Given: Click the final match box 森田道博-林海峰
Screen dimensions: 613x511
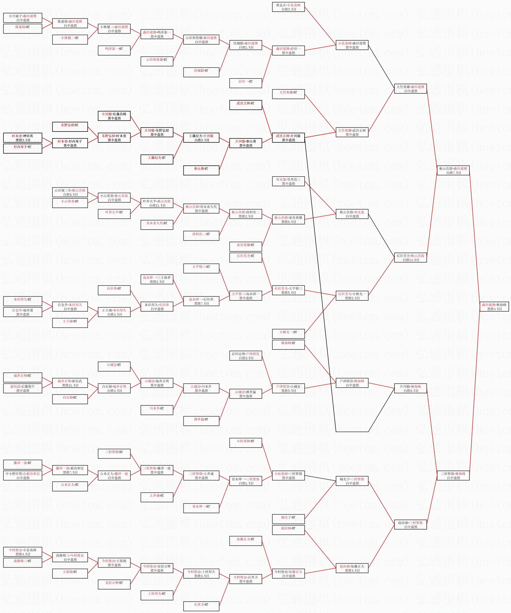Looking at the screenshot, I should (x=494, y=306).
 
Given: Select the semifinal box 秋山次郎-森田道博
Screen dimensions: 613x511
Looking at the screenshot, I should (x=453, y=170).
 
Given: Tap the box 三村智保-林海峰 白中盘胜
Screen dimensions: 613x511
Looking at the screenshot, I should (x=453, y=476).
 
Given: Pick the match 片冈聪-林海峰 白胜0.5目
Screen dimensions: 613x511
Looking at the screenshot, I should (x=410, y=389).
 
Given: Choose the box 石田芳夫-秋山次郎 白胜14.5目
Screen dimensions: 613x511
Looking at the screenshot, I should (x=410, y=258).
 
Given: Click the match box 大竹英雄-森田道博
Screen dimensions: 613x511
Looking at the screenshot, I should (x=410, y=89).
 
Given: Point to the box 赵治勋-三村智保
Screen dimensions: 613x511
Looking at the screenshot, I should (x=410, y=525).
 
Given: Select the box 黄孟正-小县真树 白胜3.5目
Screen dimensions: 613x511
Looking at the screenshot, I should (x=288, y=7).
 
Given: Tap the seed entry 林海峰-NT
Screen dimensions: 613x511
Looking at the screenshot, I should (x=288, y=345).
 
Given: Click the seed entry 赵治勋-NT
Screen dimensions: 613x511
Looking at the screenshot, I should (x=288, y=530).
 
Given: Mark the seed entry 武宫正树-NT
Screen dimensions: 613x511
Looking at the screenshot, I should (x=246, y=105).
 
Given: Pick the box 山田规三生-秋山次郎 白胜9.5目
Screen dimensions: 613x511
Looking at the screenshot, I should (x=70, y=192).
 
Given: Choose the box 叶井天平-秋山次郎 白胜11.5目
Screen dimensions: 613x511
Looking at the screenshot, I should (x=157, y=203).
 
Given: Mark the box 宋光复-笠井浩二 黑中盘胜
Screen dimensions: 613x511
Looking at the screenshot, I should (x=288, y=181).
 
